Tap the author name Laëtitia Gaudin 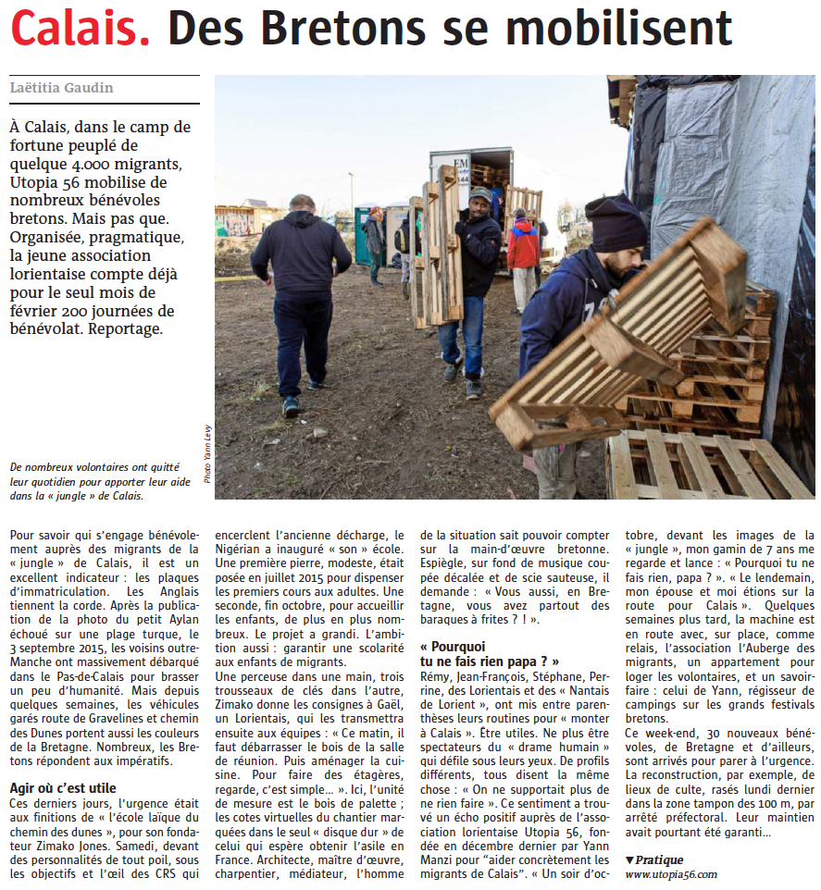[x=63, y=88]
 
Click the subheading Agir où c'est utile [x=63, y=787]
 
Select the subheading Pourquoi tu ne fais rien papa [x=489, y=653]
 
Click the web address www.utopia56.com [x=670, y=874]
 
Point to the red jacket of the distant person [x=524, y=244]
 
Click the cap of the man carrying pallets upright [x=480, y=193]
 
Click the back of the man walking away [x=301, y=259]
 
